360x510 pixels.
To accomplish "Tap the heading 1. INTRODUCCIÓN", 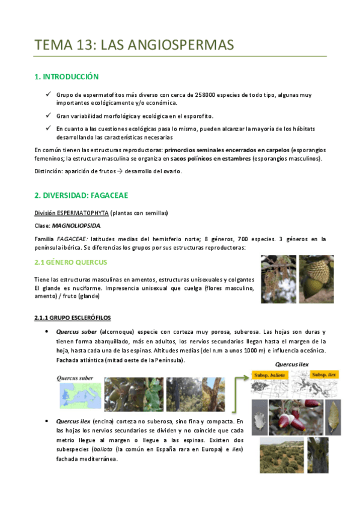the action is [67, 77].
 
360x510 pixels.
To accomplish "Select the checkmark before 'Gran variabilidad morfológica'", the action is [48, 114].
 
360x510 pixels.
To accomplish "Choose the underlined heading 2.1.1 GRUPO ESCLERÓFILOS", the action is [72, 318].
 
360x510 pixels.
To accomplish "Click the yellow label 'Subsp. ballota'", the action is [270, 375].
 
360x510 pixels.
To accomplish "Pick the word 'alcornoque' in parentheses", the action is [117, 331].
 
